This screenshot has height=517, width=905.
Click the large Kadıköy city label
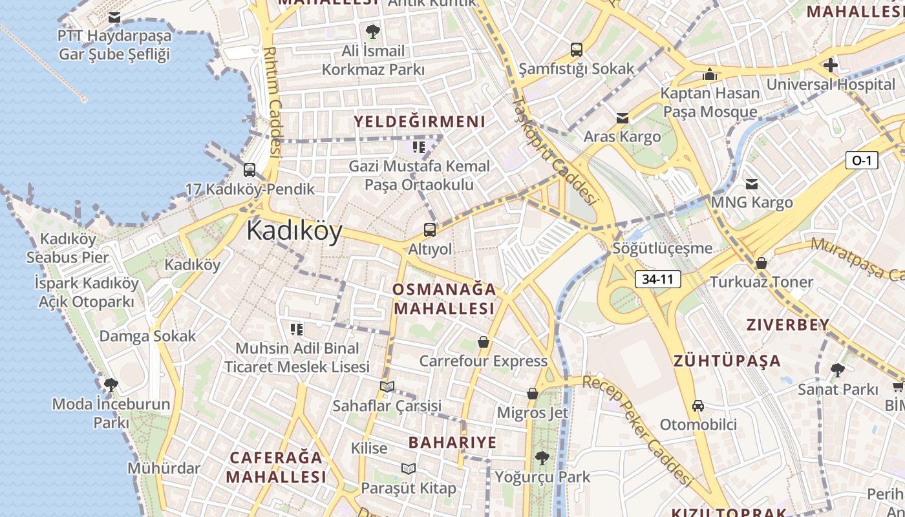click(x=294, y=231)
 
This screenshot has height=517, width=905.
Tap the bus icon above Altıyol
click(x=430, y=229)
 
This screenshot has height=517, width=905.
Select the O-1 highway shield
click(x=862, y=160)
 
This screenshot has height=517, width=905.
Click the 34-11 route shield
click(x=658, y=279)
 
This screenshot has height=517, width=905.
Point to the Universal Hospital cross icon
click(x=831, y=65)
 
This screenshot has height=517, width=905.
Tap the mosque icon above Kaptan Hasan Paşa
click(x=710, y=74)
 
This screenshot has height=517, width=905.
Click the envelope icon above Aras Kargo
click(x=622, y=118)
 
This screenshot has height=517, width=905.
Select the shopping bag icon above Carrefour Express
click(x=483, y=342)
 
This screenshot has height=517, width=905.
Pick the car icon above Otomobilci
click(x=698, y=406)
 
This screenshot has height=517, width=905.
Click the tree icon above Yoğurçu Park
click(x=542, y=458)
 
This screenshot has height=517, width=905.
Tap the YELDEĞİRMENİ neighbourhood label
click(x=420, y=121)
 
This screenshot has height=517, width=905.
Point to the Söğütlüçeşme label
click(x=663, y=248)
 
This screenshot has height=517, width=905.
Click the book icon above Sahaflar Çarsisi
click(x=387, y=387)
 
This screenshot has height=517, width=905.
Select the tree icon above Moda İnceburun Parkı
click(x=111, y=385)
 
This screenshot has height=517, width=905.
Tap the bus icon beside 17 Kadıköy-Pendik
click(x=250, y=170)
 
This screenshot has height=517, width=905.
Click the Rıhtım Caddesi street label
click(x=273, y=101)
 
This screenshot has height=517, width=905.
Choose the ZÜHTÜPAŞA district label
click(x=727, y=361)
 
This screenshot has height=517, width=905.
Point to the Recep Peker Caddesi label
click(x=637, y=429)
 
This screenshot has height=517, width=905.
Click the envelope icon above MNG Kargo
click(x=751, y=184)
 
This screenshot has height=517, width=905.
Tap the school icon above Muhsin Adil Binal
click(x=297, y=330)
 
